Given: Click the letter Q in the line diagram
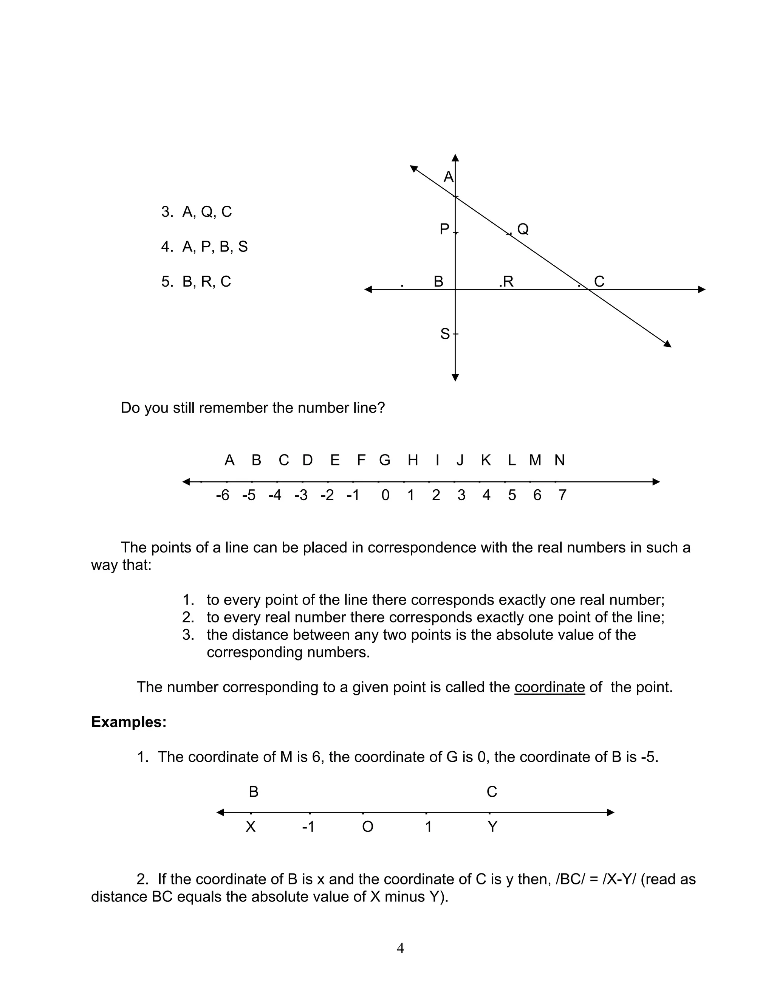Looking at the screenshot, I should [x=523, y=229].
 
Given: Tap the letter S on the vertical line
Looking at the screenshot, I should [x=445, y=334].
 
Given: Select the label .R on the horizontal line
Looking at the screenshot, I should [x=506, y=282].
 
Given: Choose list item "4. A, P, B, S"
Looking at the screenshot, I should [x=204, y=247].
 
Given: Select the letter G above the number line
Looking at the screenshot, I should [x=384, y=460].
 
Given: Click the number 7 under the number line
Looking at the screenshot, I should [x=562, y=495].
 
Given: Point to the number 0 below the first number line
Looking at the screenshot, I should [x=385, y=495].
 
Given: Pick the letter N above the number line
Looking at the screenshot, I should [x=559, y=460].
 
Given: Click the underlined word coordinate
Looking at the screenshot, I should [x=549, y=687].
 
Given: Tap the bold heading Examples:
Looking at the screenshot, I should [x=129, y=722].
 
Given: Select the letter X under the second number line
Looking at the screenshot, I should [x=250, y=827].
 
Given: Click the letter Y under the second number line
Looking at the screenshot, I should [x=492, y=827].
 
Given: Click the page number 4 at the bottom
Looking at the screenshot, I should [x=400, y=948].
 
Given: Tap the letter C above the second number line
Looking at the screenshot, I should [x=492, y=792].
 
